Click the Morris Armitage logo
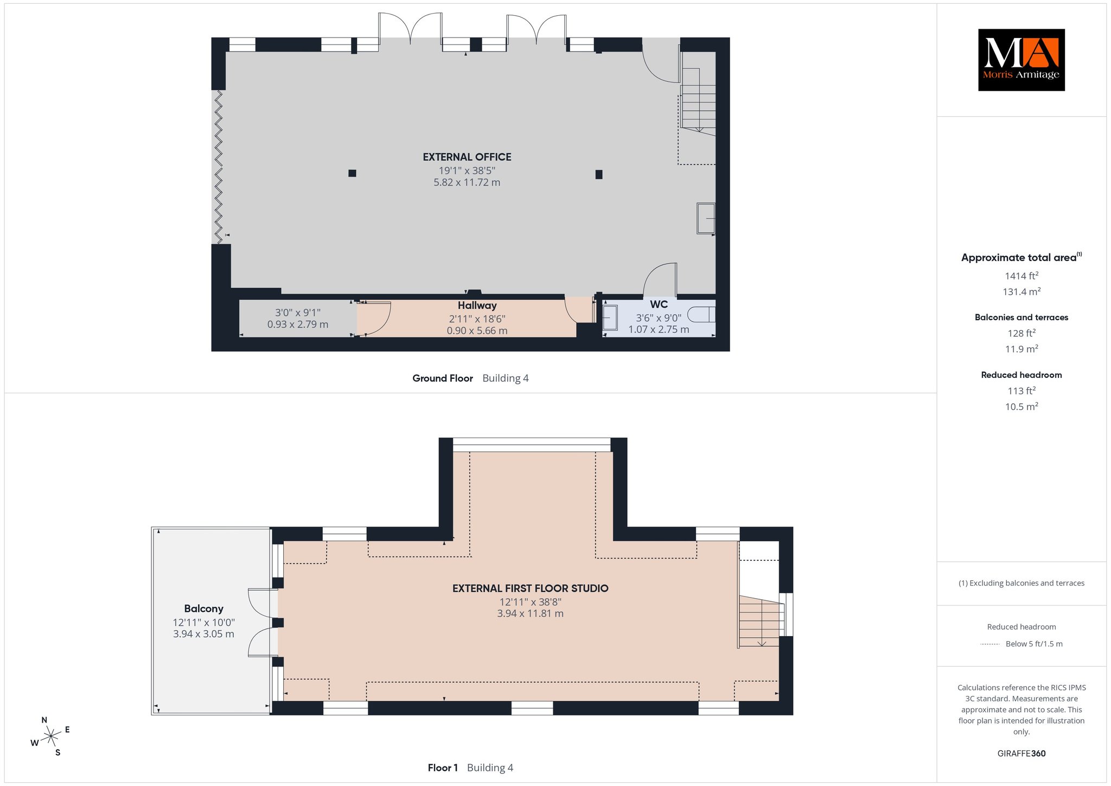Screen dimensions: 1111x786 (x=1021, y=60)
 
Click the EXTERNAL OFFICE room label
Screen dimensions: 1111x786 (x=467, y=157)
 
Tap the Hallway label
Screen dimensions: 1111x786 (x=477, y=306)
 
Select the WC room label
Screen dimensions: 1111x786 (x=659, y=305)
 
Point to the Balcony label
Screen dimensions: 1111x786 (x=203, y=608)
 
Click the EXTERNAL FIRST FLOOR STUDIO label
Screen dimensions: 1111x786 (x=531, y=588)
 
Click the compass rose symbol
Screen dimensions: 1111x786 (x=51, y=736)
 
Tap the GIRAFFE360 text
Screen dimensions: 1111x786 (x=1021, y=753)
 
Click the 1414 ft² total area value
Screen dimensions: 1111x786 (x=1021, y=276)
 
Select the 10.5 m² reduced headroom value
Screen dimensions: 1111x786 (x=1021, y=407)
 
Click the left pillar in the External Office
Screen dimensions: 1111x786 (x=352, y=173)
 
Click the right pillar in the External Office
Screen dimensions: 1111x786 (x=599, y=174)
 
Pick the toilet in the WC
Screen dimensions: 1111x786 (x=702, y=315)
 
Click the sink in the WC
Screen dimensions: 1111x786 (x=610, y=317)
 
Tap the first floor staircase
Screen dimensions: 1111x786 (x=761, y=622)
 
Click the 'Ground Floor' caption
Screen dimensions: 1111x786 (x=443, y=378)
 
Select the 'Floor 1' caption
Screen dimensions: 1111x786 (x=443, y=768)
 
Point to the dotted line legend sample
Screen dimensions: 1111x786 (x=990, y=644)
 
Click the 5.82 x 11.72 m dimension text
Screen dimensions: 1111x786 (x=467, y=182)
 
